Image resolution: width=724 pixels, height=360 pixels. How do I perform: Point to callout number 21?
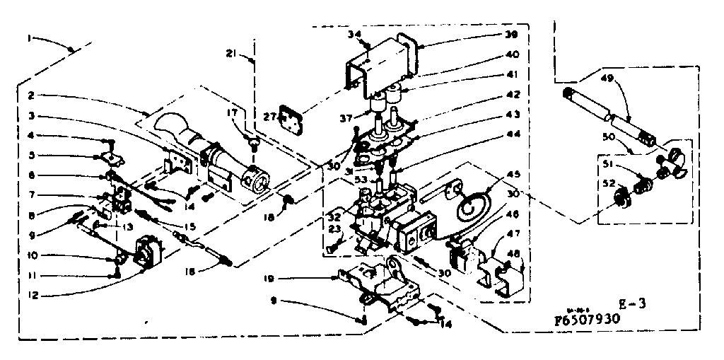pos(231,53)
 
